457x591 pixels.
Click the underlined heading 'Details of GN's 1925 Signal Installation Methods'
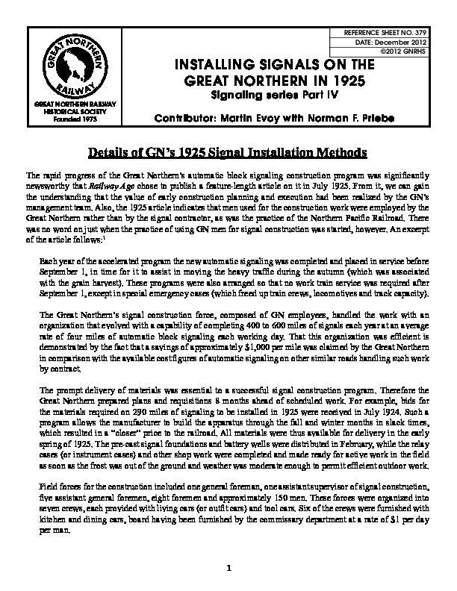pyautogui.click(x=228, y=154)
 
